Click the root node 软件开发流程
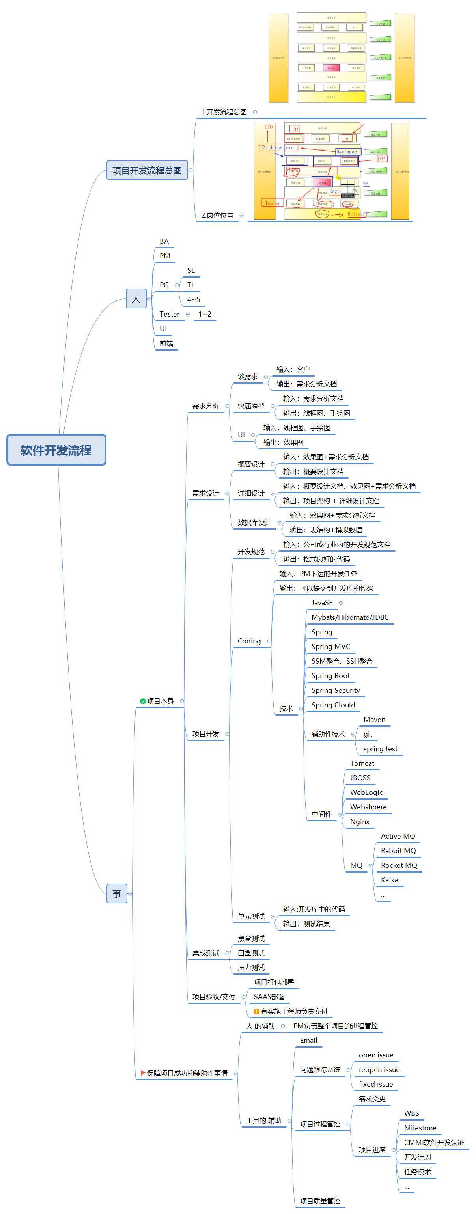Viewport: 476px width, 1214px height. pos(56,449)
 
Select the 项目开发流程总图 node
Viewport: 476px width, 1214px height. pos(147,170)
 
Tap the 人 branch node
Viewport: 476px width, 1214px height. pos(136,299)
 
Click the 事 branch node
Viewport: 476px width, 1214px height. pos(117,893)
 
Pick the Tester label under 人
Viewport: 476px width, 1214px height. pos(170,314)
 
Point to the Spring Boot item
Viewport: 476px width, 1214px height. pos(330,675)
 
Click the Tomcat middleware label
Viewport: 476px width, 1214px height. pos(362,763)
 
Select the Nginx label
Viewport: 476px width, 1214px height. pos(360,821)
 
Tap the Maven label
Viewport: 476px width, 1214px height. pos(374,719)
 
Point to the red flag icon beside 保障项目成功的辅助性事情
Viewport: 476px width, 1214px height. pos(143,1073)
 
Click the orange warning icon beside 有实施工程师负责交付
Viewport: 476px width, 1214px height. pos(256,1011)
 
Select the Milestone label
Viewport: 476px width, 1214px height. pos(420,1128)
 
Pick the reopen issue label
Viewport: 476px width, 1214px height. pos(379,1069)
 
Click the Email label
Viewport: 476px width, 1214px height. pos(308,1040)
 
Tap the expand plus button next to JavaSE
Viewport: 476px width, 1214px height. pos(341,603)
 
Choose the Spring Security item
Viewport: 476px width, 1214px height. pos(336,690)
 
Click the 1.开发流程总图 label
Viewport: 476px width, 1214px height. pos(224,112)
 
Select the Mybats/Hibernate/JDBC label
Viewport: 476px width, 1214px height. pos(350,617)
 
